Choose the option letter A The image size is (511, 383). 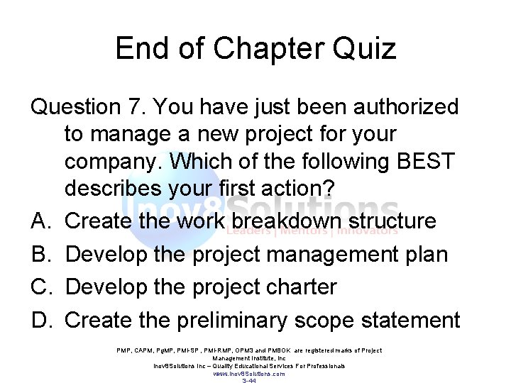click(x=40, y=221)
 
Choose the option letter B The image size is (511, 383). click(x=40, y=254)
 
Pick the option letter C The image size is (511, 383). click(x=40, y=287)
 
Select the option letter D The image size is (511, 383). click(x=40, y=321)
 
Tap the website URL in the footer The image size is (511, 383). click(x=249, y=373)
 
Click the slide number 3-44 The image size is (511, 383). click(x=249, y=381)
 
